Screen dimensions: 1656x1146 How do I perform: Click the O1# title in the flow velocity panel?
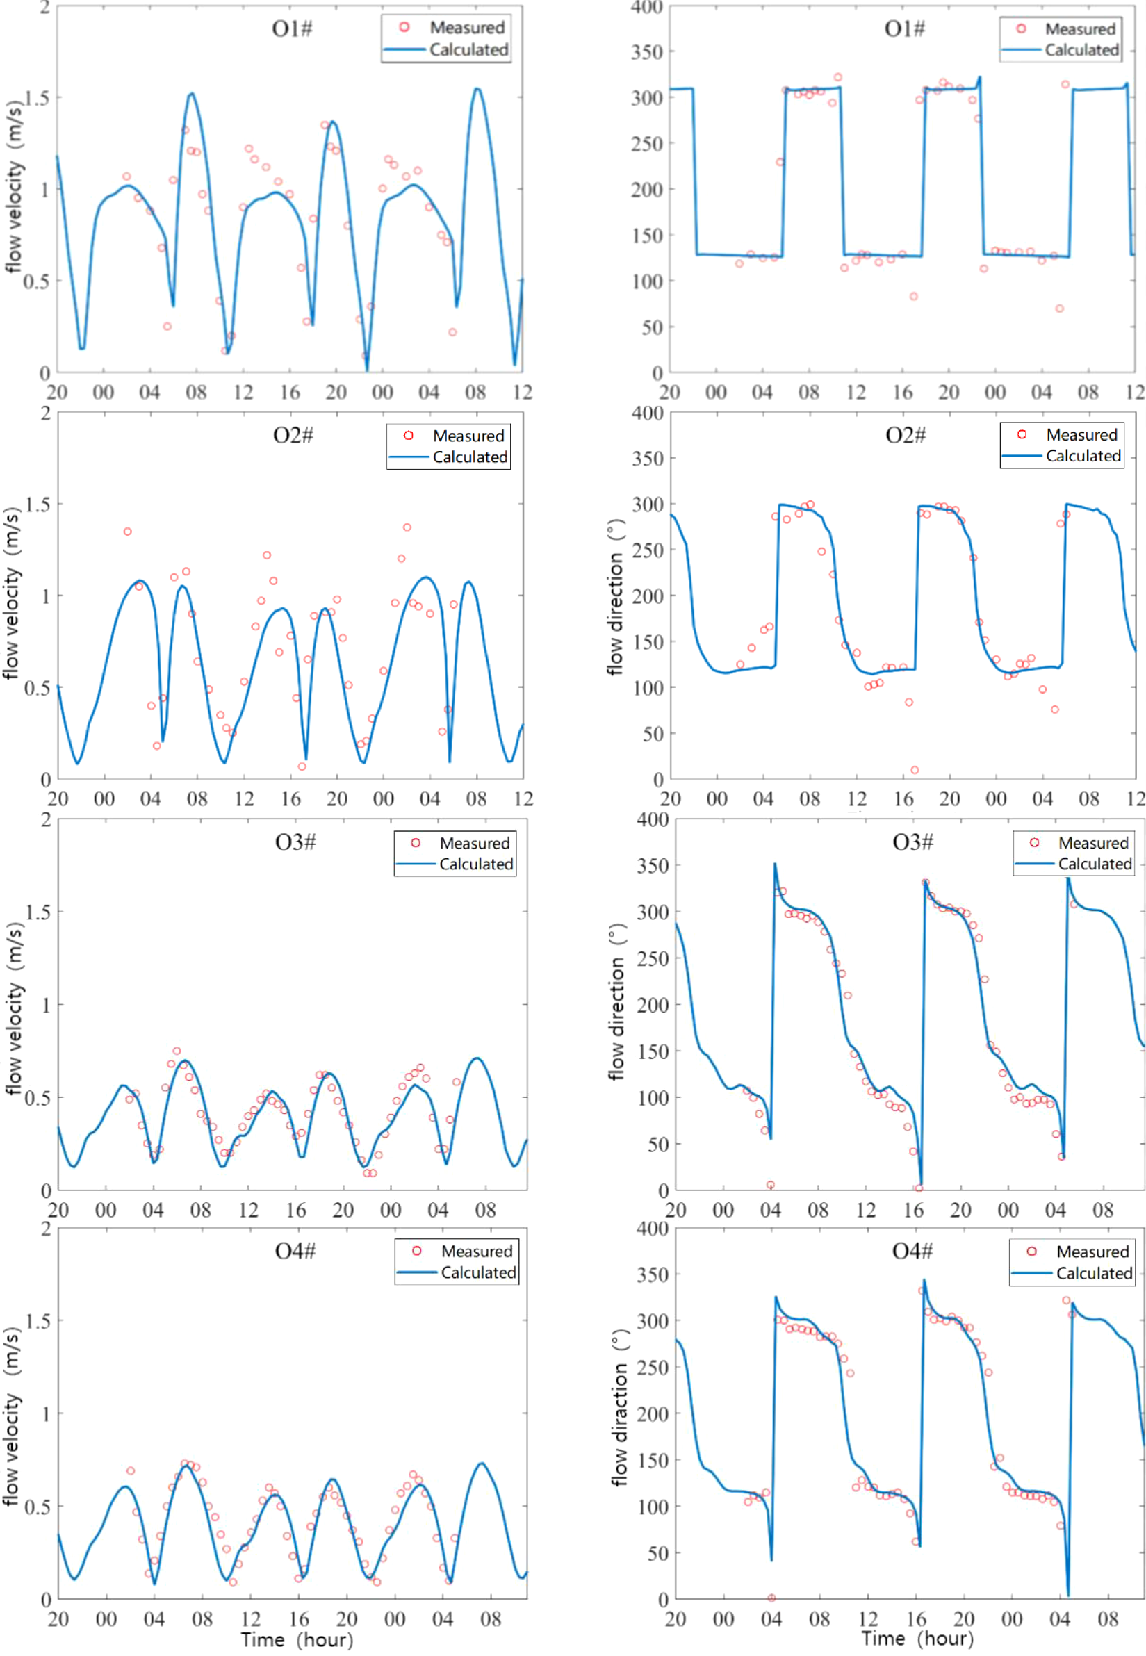point(293,28)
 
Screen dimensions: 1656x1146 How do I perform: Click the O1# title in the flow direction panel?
point(904,28)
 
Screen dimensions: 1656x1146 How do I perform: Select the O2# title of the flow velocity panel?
point(293,436)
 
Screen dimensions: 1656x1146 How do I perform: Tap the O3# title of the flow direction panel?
point(912,842)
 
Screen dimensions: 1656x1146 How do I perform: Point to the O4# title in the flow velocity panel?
point(295,1251)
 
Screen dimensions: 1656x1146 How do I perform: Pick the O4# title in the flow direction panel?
point(912,1251)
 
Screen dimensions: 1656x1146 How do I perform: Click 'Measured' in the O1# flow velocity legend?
point(468,27)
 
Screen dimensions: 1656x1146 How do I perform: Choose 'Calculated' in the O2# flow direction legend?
point(1083,456)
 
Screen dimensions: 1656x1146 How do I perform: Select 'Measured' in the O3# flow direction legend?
point(1093,843)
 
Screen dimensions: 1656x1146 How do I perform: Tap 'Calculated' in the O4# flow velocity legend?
point(478,1272)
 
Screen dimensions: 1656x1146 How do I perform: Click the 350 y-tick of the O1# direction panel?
point(647,51)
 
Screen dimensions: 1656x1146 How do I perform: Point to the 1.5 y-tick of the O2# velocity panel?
point(38,505)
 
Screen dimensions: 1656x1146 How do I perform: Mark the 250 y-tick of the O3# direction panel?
point(653,958)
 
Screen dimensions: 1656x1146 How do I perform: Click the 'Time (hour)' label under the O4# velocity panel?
point(297,1639)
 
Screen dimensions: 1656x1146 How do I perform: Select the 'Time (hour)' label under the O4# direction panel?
point(917,1638)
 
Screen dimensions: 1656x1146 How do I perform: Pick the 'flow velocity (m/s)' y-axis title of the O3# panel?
point(15,1008)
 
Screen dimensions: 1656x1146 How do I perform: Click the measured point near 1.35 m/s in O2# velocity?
point(127,532)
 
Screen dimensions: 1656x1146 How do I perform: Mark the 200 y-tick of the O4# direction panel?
point(653,1413)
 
